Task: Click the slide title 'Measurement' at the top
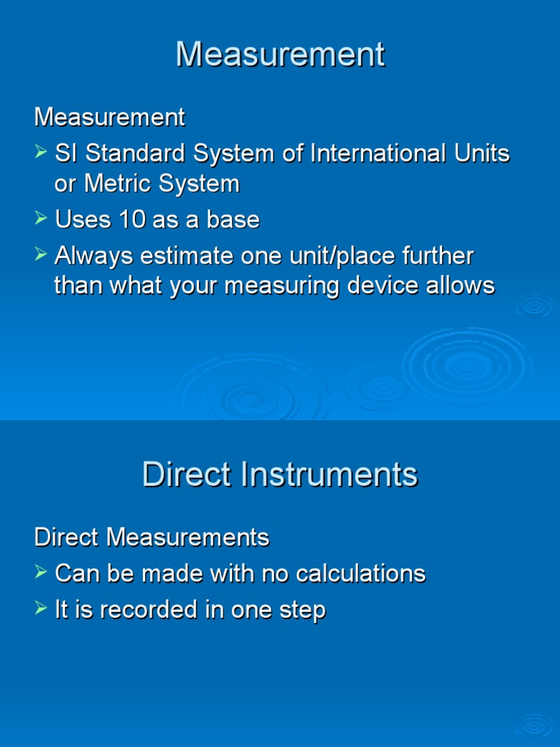point(280,55)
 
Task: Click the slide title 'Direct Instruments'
point(280,475)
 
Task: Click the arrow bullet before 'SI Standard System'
point(42,153)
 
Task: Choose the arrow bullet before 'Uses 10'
point(42,219)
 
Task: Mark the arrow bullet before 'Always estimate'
point(42,256)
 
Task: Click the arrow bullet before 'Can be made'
point(42,573)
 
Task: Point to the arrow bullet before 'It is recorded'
point(42,609)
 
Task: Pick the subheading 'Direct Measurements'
point(152,538)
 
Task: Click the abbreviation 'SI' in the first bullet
point(65,154)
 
